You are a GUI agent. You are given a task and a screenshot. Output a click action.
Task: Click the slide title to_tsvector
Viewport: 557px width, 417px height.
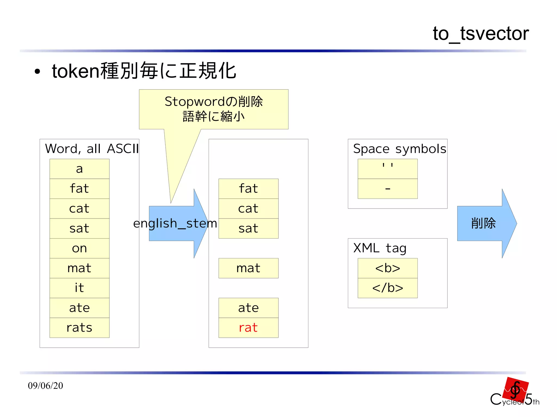click(x=481, y=34)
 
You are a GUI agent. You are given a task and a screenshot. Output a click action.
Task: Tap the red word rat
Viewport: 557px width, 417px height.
click(x=248, y=328)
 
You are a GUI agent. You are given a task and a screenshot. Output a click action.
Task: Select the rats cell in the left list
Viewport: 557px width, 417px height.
click(x=79, y=328)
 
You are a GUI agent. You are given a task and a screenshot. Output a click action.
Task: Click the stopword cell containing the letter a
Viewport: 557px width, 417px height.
click(x=79, y=169)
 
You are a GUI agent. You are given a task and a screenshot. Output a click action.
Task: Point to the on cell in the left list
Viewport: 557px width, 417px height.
click(x=79, y=248)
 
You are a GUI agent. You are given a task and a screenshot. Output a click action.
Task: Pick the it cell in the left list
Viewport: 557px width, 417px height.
click(x=79, y=288)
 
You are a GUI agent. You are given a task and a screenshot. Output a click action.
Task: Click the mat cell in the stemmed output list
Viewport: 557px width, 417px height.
click(x=248, y=268)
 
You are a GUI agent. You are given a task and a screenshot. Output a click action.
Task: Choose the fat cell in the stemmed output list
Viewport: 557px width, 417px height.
click(x=248, y=189)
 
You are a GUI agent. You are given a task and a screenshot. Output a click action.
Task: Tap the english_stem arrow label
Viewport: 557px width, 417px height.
click(x=175, y=224)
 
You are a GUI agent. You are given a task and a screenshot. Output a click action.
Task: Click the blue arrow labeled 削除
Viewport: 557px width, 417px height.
click(x=484, y=223)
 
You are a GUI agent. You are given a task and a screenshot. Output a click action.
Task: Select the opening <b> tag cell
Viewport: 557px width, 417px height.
click(x=388, y=268)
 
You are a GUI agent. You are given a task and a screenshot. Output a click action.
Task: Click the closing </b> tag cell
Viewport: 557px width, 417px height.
click(x=388, y=288)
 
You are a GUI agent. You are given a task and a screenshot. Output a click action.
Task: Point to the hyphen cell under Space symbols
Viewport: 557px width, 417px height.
click(x=388, y=189)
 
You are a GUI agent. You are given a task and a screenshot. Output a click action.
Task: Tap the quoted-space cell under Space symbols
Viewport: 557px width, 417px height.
click(x=388, y=169)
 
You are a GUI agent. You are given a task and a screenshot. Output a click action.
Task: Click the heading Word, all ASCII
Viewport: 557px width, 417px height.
click(x=92, y=149)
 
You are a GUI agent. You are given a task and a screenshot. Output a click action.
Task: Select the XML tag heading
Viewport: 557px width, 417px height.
click(x=380, y=248)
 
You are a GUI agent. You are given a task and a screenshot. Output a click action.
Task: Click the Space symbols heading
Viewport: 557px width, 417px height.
click(x=400, y=149)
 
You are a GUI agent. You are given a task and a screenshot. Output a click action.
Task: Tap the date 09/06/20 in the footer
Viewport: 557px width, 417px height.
click(x=45, y=386)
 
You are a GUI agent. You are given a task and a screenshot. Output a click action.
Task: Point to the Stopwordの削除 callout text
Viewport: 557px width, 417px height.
click(x=214, y=102)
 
